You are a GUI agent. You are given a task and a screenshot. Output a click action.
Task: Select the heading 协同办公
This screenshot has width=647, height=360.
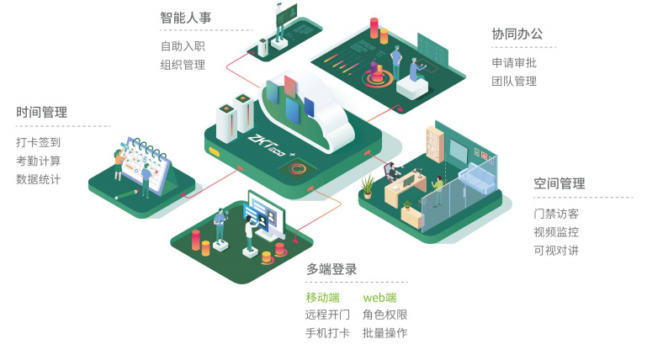pyautogui.click(x=517, y=34)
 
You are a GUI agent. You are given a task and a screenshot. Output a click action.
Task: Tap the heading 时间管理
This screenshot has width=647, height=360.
pyautogui.click(x=41, y=112)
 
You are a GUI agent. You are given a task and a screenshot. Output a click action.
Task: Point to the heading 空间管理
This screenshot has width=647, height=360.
pyautogui.click(x=559, y=183)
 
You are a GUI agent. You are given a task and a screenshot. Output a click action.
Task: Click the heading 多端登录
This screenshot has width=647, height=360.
pyautogui.click(x=331, y=269)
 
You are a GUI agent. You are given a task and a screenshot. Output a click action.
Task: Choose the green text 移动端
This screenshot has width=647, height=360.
pyautogui.click(x=322, y=297)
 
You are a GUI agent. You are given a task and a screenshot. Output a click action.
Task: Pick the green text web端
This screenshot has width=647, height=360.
pyautogui.click(x=379, y=297)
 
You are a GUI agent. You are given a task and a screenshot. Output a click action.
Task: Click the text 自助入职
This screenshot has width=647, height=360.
pyautogui.click(x=183, y=46)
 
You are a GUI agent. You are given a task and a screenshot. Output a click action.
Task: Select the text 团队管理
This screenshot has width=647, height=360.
pyautogui.click(x=514, y=82)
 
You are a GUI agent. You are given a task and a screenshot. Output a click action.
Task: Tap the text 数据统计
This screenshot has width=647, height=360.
pyautogui.click(x=39, y=179)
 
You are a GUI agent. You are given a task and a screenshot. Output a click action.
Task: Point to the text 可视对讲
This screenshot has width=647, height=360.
pyautogui.click(x=556, y=251)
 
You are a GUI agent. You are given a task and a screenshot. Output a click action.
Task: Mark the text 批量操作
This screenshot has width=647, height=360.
pyautogui.click(x=384, y=333)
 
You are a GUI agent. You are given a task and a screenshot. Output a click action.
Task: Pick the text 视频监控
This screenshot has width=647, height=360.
pyautogui.click(x=556, y=232)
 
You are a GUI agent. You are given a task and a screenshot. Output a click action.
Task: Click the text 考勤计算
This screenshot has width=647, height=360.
pyautogui.click(x=39, y=161)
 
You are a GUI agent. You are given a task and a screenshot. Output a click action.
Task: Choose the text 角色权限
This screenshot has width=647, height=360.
pyautogui.click(x=384, y=315)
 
